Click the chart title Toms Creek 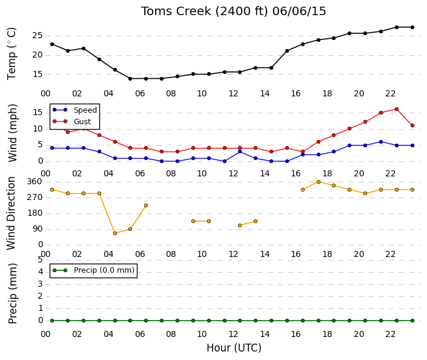176,12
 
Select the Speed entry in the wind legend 74,110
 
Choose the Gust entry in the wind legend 71,122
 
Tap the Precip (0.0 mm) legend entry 93,270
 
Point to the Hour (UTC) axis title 234,348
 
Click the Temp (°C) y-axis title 12,54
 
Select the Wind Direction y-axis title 11,213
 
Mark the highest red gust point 397,109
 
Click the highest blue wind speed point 381,142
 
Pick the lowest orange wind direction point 115,233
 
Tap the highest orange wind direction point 319,182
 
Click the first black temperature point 52,44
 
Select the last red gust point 412,125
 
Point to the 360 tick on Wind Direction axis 35,182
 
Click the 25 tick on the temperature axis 38,36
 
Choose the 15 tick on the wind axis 38,113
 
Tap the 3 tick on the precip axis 41,284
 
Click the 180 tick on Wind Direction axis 35,213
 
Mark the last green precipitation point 412,321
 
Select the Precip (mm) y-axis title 12,293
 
